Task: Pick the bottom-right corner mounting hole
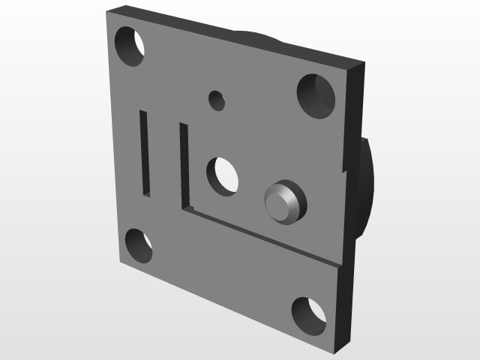point(308,315)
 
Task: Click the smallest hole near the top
point(217,100)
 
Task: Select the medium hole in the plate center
point(223,175)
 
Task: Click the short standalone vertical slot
point(145,153)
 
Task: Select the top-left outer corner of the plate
point(106,13)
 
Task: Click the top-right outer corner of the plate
point(364,62)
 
